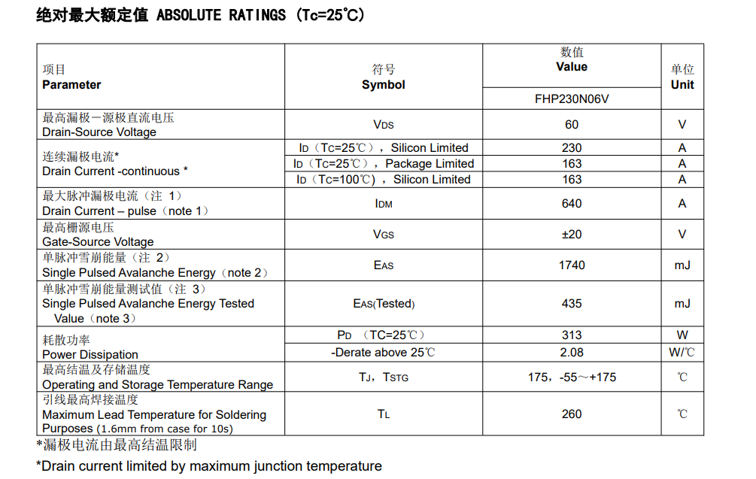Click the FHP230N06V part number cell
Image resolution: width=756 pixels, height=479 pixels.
571,99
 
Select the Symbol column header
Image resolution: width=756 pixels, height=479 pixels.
383,85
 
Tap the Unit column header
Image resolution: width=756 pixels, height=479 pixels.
682,84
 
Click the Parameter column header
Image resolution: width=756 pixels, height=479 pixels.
71,85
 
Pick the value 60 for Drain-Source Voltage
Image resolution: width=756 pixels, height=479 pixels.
572,125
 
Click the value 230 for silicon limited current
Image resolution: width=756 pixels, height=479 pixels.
572,148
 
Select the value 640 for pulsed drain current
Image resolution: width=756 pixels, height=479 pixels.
572,203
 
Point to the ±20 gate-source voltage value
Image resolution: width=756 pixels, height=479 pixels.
572,235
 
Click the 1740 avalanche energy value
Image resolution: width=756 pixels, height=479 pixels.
572,265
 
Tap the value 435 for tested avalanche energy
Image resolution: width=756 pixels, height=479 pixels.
572,304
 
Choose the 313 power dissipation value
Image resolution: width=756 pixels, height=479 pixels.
572,335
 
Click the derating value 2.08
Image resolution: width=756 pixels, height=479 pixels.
572,352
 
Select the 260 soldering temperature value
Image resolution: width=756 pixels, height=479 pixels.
572,414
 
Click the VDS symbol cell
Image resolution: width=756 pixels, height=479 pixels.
383,125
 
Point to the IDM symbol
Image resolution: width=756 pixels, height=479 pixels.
383,204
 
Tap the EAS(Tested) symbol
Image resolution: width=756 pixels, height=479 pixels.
384,304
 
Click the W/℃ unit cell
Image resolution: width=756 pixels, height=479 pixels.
682,352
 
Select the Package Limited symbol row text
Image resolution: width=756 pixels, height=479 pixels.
384,164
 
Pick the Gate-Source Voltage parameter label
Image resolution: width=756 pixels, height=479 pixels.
98,242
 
